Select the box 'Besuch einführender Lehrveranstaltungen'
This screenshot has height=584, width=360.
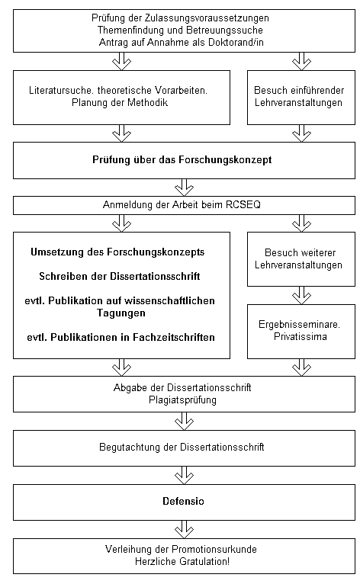(x=301, y=98)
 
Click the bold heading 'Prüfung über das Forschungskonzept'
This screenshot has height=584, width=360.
(x=182, y=160)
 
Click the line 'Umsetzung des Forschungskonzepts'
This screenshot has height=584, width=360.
(x=117, y=252)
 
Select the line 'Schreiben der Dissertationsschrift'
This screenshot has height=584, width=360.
(x=120, y=276)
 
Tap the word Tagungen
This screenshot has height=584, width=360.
(x=121, y=313)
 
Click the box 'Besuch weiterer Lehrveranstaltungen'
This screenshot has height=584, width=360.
(x=301, y=259)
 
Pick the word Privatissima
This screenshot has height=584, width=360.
(x=301, y=337)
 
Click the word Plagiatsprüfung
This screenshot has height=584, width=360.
(x=182, y=400)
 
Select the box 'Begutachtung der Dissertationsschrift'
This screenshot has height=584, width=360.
(x=184, y=448)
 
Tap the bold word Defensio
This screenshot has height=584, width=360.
(x=183, y=502)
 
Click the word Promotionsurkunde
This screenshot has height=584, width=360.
(x=214, y=550)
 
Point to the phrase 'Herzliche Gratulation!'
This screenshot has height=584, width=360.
(x=182, y=561)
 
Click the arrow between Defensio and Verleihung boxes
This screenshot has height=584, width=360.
(x=184, y=529)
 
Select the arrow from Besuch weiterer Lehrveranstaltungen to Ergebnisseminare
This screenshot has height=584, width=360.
(x=301, y=295)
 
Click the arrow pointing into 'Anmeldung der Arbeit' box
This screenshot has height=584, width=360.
(x=184, y=188)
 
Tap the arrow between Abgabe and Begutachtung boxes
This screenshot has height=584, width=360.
(x=184, y=422)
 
